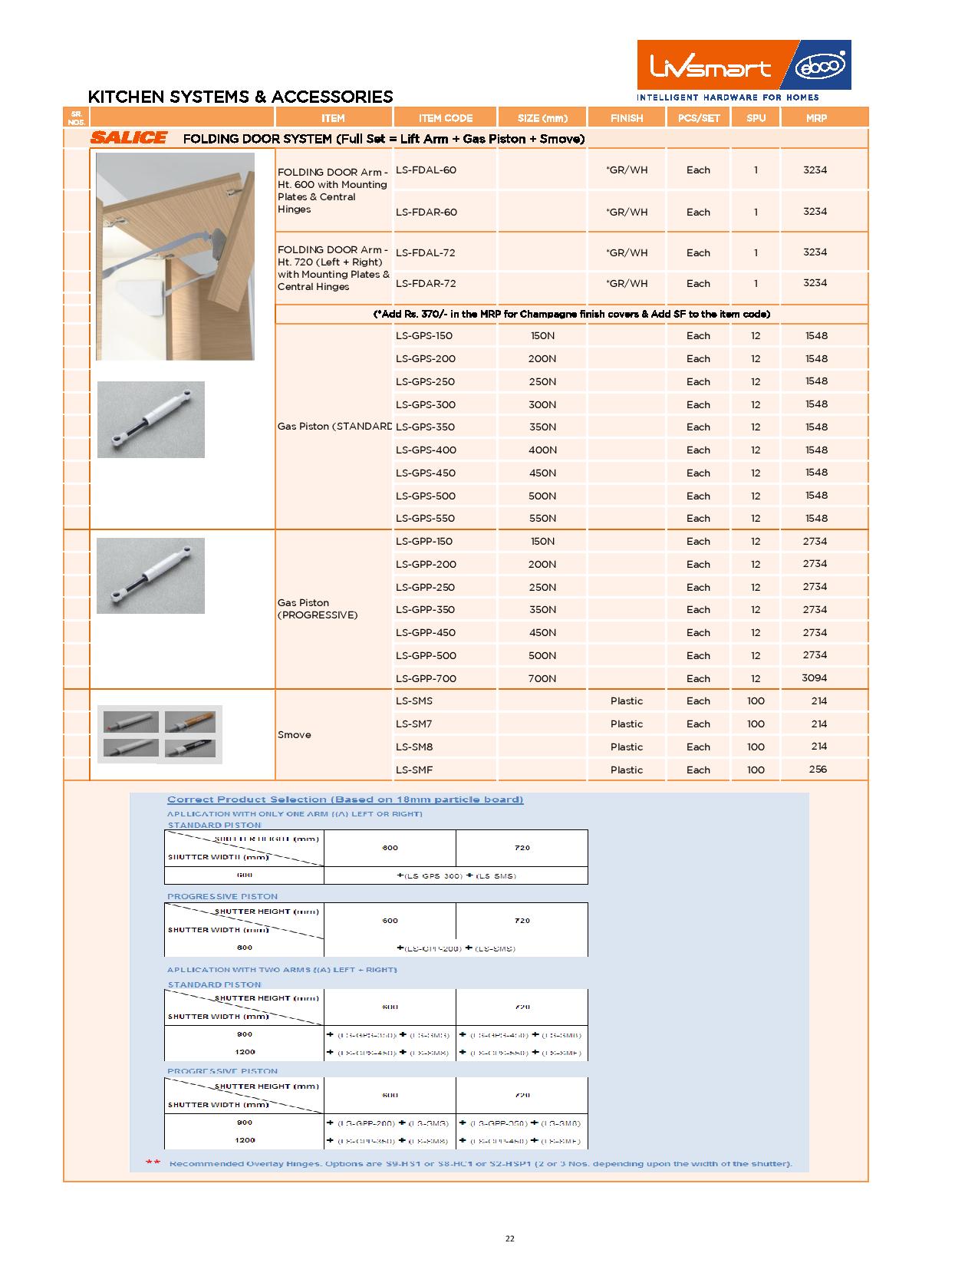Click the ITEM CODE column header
tap(446, 118)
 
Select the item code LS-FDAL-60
tap(426, 170)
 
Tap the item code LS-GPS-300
tap(426, 404)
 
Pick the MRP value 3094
tap(815, 678)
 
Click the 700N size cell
tap(542, 678)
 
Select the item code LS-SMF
tap(415, 770)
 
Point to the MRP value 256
tap(818, 769)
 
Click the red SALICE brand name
tap(129, 138)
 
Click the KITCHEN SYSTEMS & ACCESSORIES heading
tap(240, 97)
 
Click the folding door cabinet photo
tap(175, 256)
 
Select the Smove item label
tap(295, 734)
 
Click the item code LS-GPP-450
tap(426, 632)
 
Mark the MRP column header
tap(816, 118)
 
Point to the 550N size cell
tap(542, 518)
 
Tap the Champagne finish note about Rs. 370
tap(571, 314)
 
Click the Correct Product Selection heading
tap(345, 799)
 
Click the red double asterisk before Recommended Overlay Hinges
tap(153, 1163)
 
